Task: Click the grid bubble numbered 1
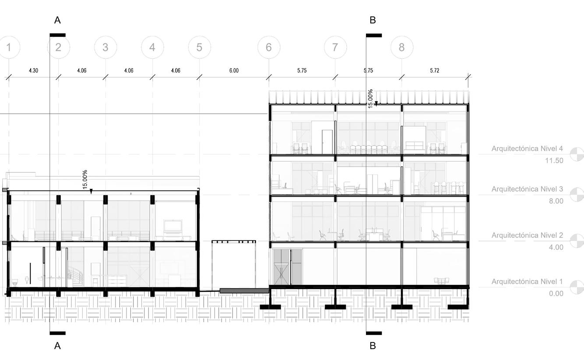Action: point(8,47)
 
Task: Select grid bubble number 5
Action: point(200,47)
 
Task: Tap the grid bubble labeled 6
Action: point(269,47)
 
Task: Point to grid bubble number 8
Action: point(401,47)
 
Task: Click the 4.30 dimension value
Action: point(33,70)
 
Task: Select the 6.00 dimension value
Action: point(234,70)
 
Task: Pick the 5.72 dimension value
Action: point(434,70)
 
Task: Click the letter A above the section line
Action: point(57,20)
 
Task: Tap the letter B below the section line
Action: point(373,346)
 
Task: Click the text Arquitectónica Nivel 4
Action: point(527,149)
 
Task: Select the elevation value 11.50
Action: point(554,161)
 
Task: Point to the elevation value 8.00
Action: point(556,201)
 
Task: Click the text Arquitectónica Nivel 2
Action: point(527,235)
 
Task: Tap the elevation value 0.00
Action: point(556,294)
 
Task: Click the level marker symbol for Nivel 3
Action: point(577,195)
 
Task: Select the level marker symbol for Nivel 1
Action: point(577,287)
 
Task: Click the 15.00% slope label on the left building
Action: point(85,179)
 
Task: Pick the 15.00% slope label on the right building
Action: point(370,98)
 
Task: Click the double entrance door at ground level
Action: point(287,267)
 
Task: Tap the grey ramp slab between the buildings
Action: point(244,290)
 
